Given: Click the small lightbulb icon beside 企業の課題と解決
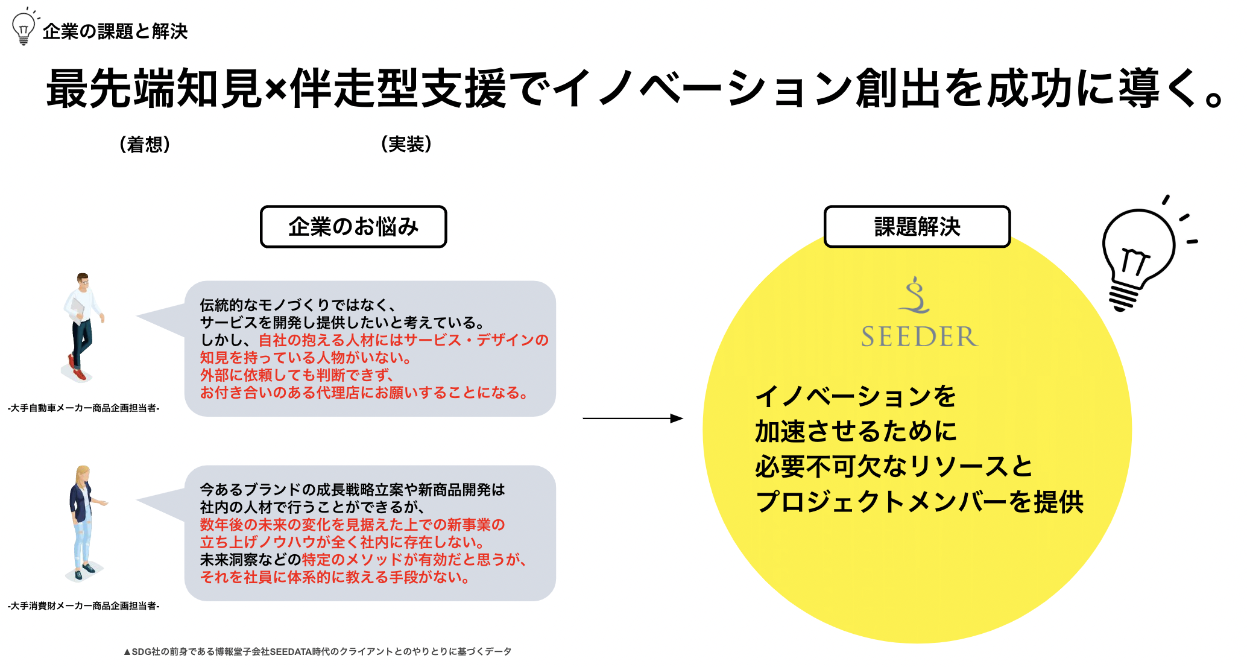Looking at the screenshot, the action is tap(24, 28).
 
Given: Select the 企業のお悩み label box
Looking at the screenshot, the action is tap(353, 227).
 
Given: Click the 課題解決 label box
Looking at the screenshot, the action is tap(917, 227).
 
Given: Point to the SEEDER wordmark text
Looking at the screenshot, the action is tap(919, 337).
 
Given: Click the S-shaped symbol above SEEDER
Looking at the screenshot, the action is tap(915, 296).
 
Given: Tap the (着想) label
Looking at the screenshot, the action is tap(145, 145).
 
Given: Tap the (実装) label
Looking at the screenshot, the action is tap(406, 145).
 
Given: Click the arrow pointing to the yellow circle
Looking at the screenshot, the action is tap(633, 418).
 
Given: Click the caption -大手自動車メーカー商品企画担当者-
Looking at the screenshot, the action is tap(84, 408).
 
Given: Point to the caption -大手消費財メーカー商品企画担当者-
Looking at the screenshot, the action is tap(84, 605).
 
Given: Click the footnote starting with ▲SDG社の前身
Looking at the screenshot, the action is tap(317, 651).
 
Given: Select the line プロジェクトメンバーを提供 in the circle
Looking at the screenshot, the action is tap(919, 502).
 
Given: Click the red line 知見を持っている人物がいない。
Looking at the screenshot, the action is tap(306, 358).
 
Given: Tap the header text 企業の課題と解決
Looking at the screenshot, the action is tap(115, 31).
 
